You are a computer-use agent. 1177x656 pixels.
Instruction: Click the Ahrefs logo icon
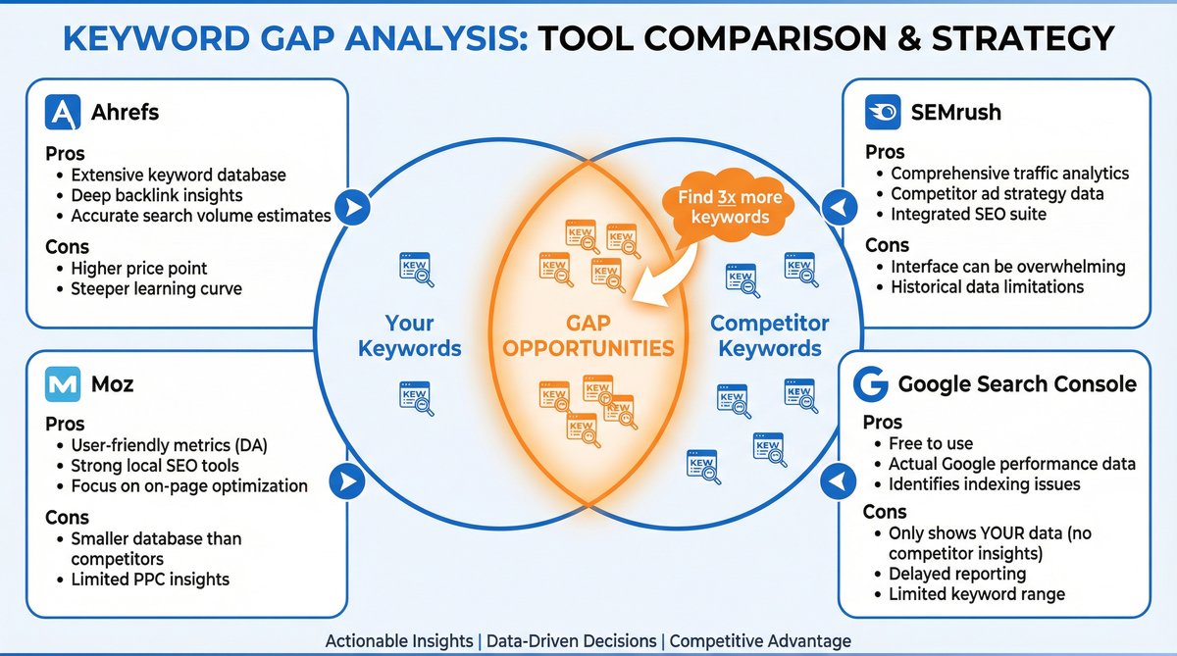click(x=63, y=113)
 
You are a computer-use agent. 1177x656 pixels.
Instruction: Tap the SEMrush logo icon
click(x=883, y=113)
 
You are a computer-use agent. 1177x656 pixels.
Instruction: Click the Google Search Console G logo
click(x=870, y=384)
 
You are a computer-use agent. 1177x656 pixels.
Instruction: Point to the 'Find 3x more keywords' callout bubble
click(x=730, y=207)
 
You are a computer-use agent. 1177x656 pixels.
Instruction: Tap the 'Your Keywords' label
click(x=409, y=335)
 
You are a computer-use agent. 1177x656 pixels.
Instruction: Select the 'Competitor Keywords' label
click(x=770, y=335)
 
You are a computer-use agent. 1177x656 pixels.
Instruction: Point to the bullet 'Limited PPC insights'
click(x=150, y=580)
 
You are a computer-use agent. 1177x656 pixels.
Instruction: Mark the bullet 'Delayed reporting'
click(x=957, y=574)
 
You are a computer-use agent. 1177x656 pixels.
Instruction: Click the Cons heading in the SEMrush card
click(x=887, y=244)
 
